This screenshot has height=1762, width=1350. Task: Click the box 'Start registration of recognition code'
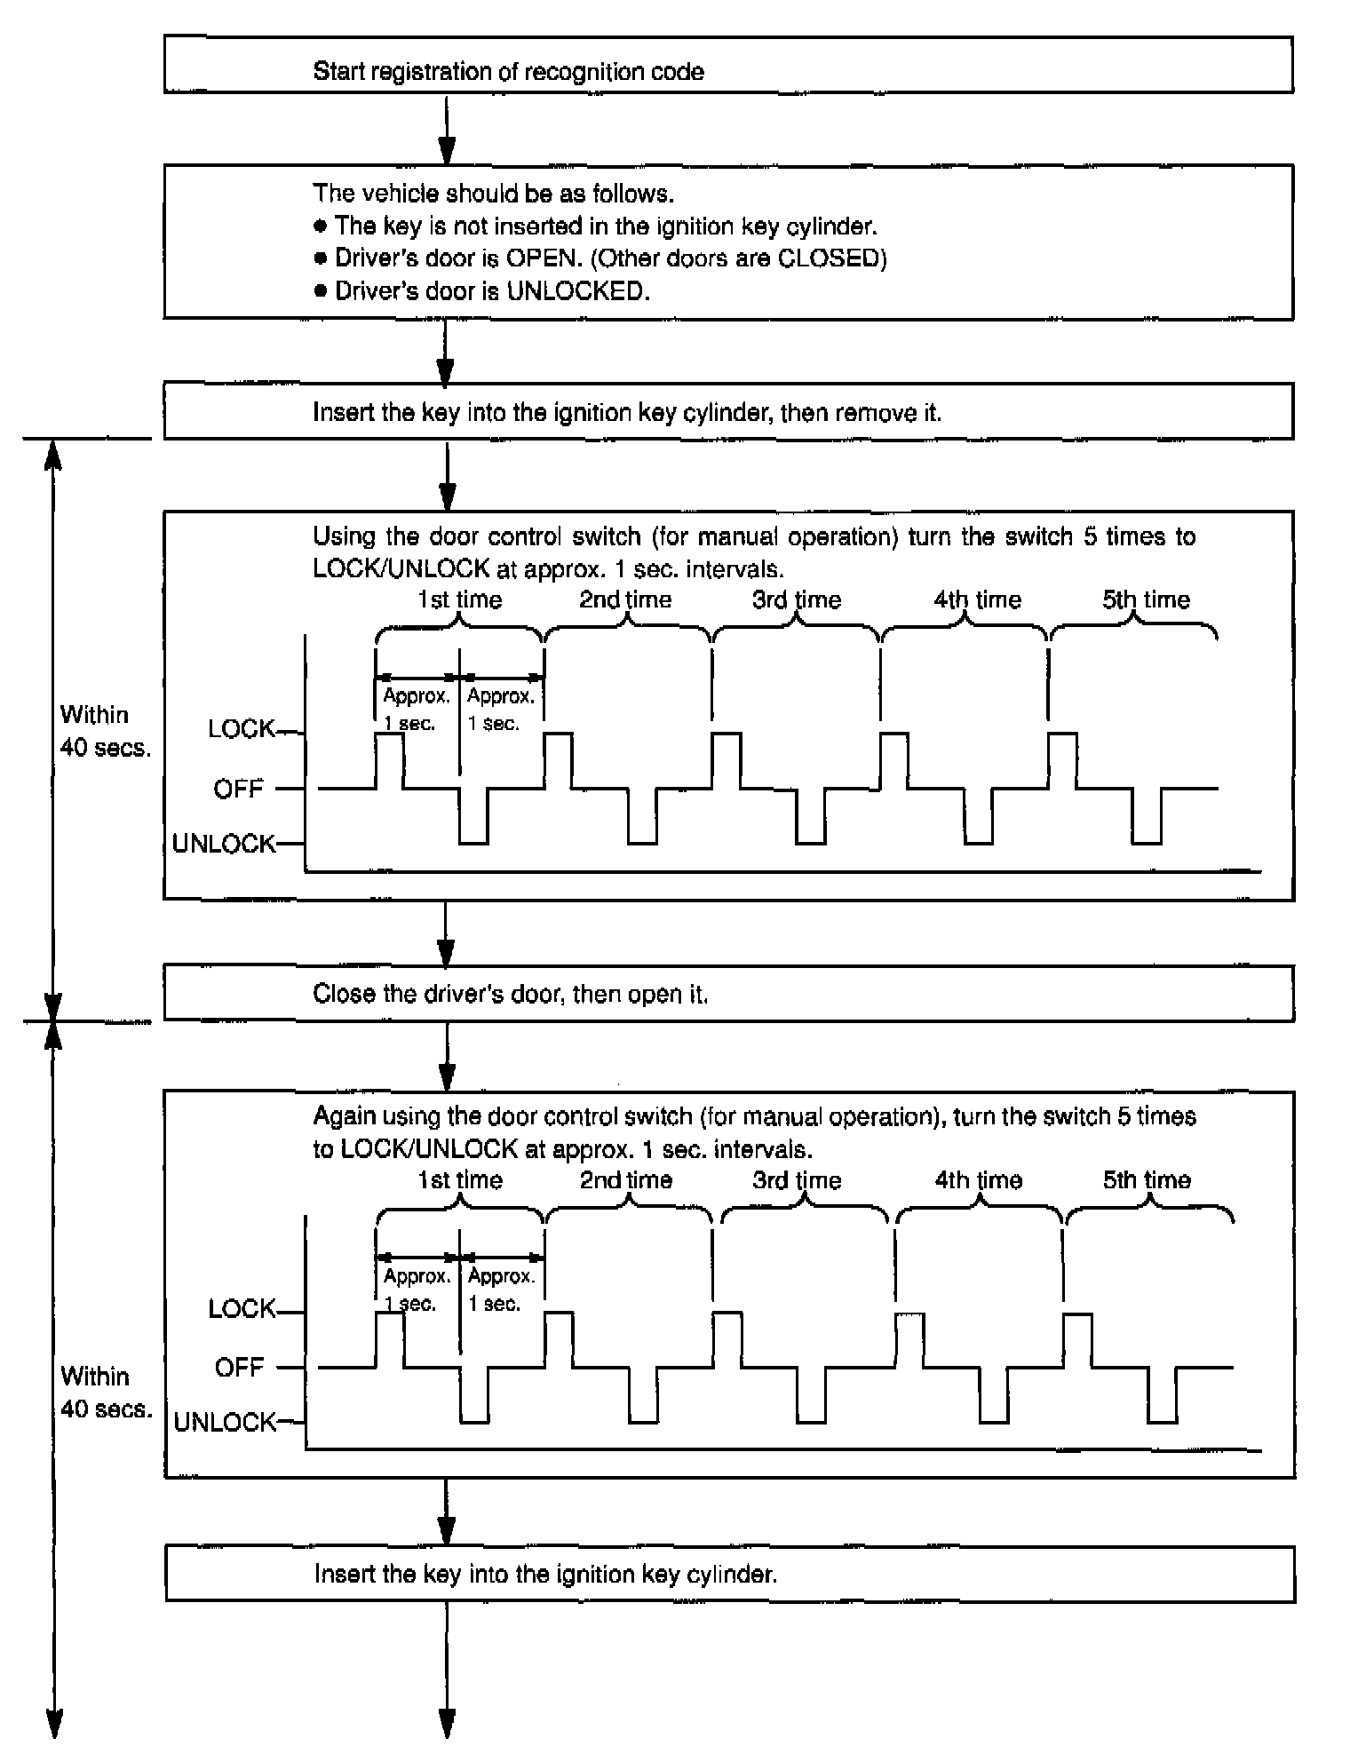pyautogui.click(x=728, y=65)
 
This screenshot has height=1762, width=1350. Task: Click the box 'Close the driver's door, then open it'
pyautogui.click(x=728, y=993)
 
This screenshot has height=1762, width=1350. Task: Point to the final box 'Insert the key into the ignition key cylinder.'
pyautogui.click(x=728, y=1575)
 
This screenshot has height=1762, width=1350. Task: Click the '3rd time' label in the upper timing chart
pyautogui.click(x=797, y=600)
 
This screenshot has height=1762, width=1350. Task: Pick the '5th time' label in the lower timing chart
pyautogui.click(x=1147, y=1180)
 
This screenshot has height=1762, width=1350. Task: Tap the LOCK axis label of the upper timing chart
pyautogui.click(x=241, y=729)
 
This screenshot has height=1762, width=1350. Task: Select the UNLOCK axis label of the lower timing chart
pyautogui.click(x=225, y=1423)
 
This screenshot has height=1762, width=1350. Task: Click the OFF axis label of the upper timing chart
pyautogui.click(x=238, y=789)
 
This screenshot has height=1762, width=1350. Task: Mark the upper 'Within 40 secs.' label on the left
pyautogui.click(x=105, y=731)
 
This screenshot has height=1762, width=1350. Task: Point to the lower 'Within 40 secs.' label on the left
pyautogui.click(x=105, y=1393)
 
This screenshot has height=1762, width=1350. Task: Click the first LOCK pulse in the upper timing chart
pyautogui.click(x=389, y=760)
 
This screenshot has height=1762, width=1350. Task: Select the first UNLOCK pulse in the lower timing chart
pyautogui.click(x=474, y=1396)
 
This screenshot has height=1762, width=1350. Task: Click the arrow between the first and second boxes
pyautogui.click(x=447, y=129)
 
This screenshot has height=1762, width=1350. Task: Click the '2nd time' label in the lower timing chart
pyautogui.click(x=626, y=1180)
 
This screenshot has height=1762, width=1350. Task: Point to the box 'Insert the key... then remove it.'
pyautogui.click(x=728, y=411)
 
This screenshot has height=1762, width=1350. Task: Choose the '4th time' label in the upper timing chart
pyautogui.click(x=977, y=600)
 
